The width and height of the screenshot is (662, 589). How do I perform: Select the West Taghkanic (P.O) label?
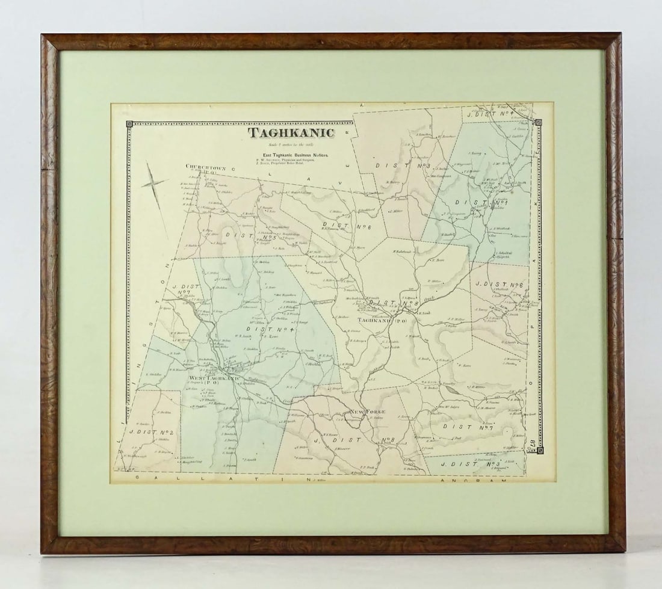click(x=214, y=379)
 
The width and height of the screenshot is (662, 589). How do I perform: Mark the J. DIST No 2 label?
click(x=155, y=432)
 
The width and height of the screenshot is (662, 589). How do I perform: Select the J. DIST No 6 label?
click(x=500, y=284)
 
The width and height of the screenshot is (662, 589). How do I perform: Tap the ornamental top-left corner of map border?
click(x=129, y=125)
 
